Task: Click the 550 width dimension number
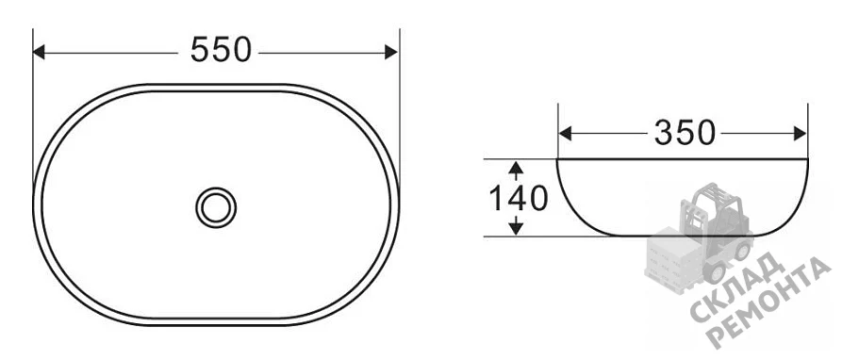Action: point(221,50)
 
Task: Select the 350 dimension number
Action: point(685,133)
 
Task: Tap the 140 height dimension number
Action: point(519,198)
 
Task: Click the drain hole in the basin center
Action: point(216,207)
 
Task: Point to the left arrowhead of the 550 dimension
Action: point(39,52)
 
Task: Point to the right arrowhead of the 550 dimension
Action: point(391,52)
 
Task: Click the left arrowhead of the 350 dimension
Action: point(565,134)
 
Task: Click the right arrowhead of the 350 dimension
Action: point(801,134)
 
